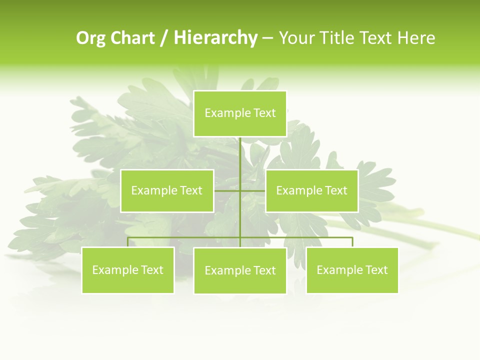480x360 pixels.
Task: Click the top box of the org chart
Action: click(x=240, y=113)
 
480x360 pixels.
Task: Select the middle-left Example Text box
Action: click(x=167, y=190)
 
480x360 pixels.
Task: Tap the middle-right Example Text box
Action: click(x=312, y=190)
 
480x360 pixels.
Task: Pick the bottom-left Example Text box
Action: click(x=128, y=270)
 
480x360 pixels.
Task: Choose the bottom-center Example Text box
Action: click(x=240, y=270)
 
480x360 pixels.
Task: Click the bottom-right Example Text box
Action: click(x=352, y=270)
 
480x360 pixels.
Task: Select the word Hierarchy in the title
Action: click(x=215, y=38)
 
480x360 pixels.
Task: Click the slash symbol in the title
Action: click(x=164, y=38)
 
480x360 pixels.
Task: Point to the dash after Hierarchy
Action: click(x=267, y=38)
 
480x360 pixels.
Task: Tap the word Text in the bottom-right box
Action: click(x=376, y=270)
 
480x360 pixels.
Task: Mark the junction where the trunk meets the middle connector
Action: click(x=240, y=190)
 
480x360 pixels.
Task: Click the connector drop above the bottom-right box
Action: click(x=352, y=242)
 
